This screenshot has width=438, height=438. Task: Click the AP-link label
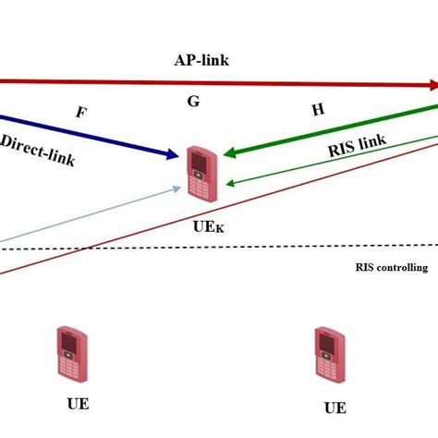coord(201,60)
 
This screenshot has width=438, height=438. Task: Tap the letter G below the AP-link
coord(193,102)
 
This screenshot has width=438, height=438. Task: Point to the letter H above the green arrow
coord(318,109)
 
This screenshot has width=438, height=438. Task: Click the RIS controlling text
coord(391,268)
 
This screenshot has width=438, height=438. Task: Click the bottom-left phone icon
coord(70,353)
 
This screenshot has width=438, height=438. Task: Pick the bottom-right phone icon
coord(328,354)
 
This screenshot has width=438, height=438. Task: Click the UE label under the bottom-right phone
coord(335,408)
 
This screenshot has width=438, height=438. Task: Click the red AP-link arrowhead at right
coord(432,86)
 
